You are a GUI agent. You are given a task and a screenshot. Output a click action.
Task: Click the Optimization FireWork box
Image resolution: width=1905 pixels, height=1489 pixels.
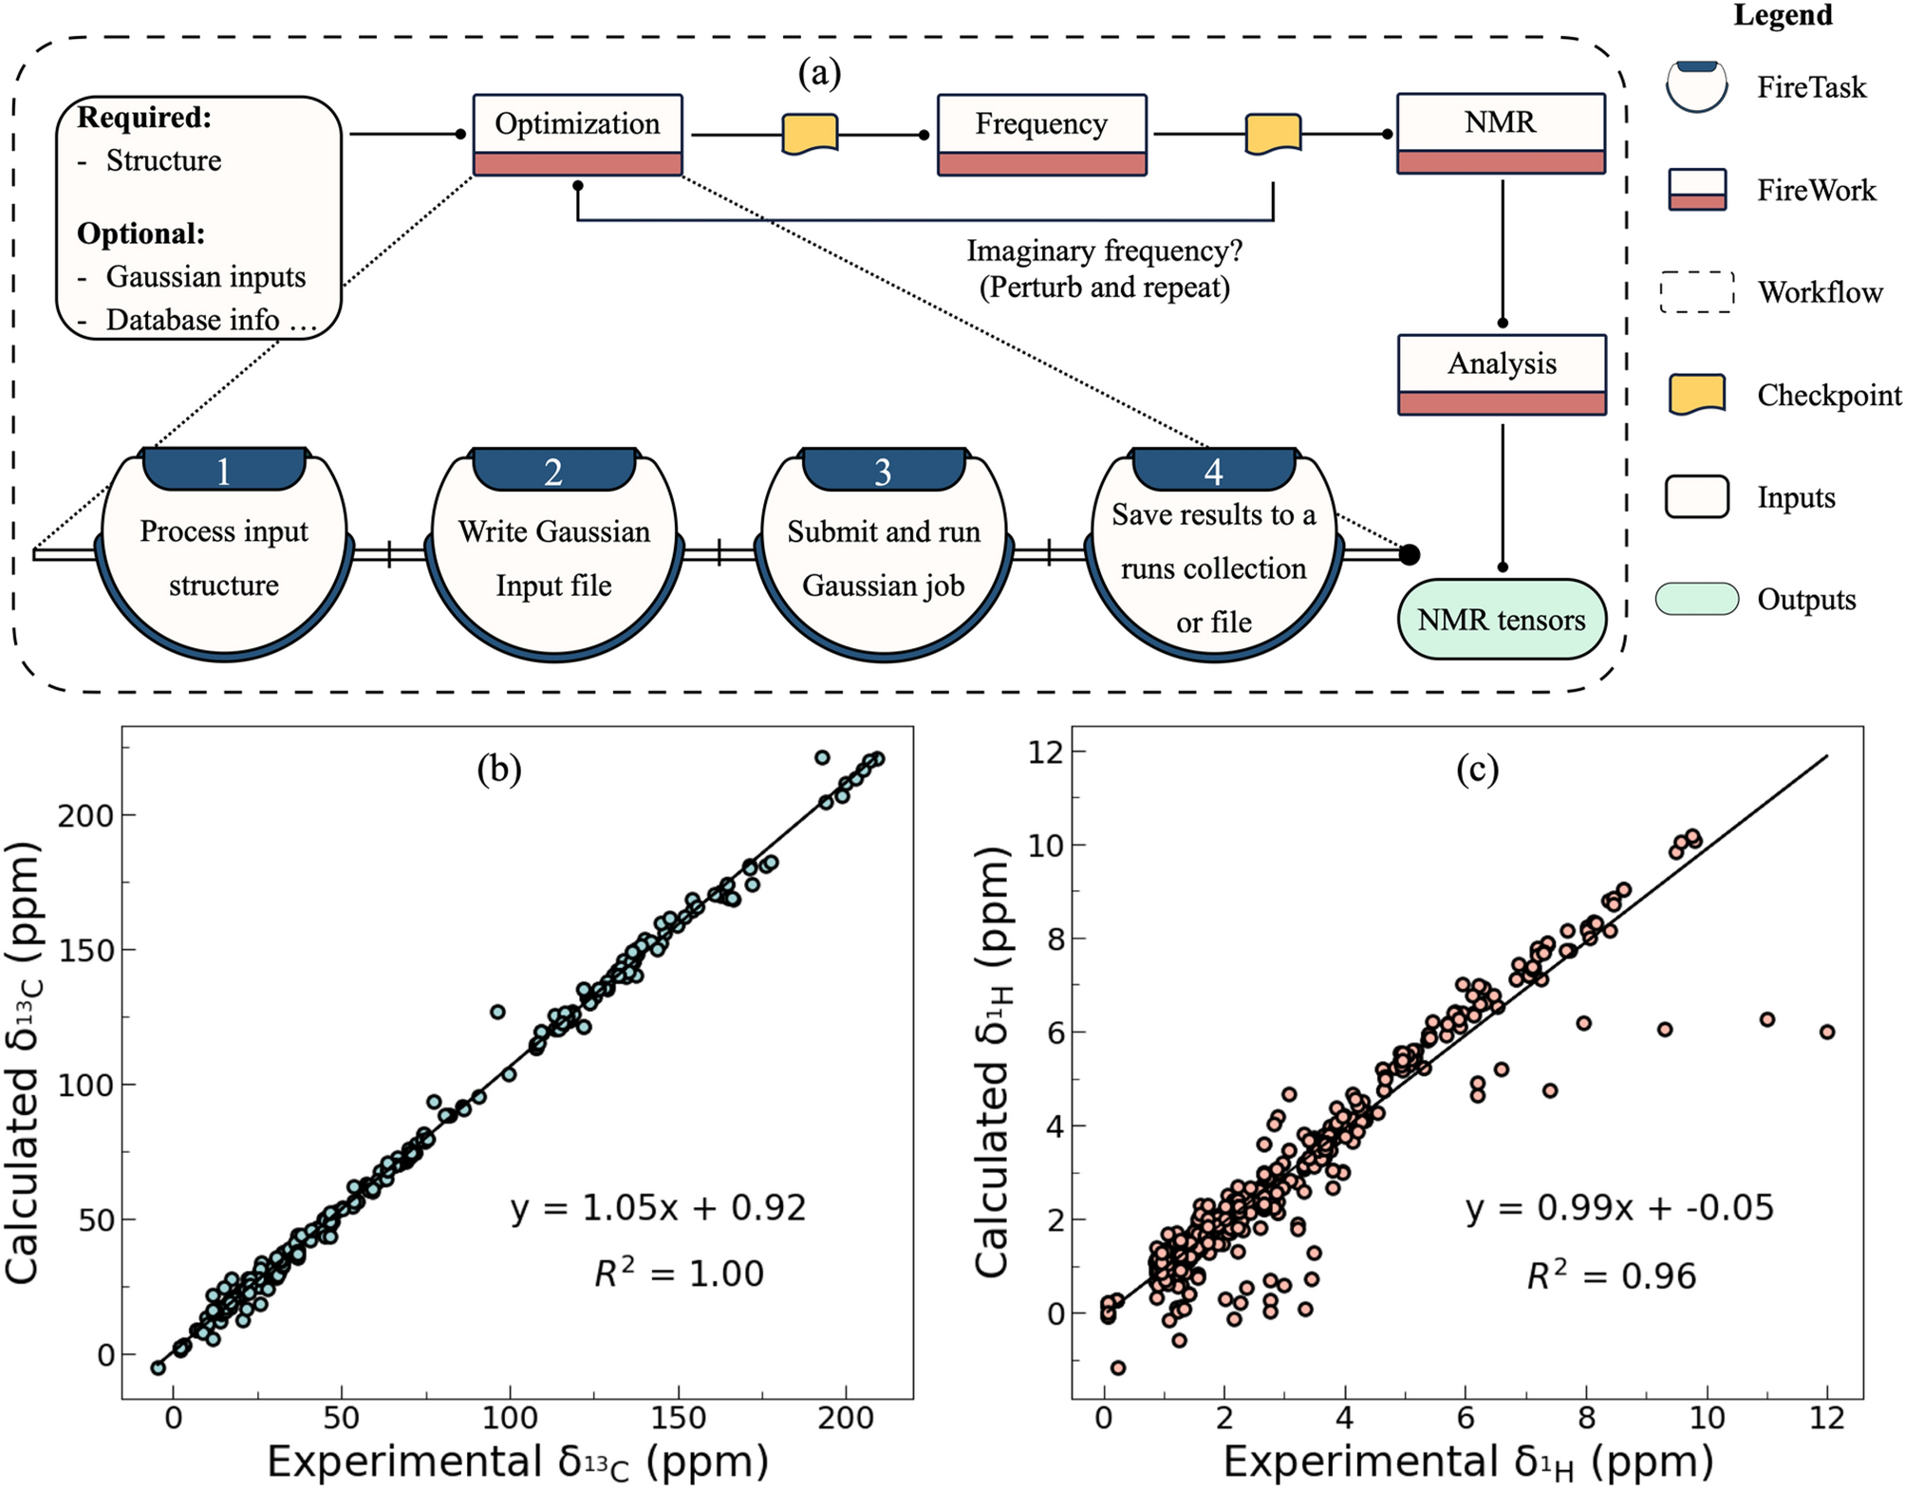point(577,135)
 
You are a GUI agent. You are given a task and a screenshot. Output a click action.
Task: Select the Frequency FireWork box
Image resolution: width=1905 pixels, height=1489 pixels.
point(1041,135)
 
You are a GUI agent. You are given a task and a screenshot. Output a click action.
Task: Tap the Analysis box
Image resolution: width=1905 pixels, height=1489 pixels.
point(1502,374)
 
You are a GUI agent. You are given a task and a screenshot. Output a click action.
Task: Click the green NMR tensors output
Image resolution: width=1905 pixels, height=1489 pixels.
point(1502,620)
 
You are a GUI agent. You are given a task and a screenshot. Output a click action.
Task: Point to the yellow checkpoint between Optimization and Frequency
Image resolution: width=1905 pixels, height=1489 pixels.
point(810,134)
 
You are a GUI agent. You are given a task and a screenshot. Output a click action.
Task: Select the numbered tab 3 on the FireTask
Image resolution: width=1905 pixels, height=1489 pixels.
point(883,471)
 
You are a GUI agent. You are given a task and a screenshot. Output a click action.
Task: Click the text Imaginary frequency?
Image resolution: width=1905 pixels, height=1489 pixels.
point(1104,251)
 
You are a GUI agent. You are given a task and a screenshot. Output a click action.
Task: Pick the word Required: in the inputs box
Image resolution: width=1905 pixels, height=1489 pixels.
point(144,118)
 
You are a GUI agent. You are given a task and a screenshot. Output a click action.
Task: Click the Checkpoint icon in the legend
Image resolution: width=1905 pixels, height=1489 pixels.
point(1696,395)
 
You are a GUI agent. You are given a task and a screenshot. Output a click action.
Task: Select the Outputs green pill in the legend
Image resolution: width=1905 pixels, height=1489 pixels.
point(1697,599)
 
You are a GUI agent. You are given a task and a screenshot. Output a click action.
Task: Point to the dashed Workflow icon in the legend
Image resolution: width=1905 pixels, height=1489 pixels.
point(1697,292)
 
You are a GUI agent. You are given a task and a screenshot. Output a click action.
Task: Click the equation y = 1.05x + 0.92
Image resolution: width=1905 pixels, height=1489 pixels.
point(658,1208)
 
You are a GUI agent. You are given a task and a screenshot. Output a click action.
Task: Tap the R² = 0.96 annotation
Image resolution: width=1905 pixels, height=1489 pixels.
point(1611,1275)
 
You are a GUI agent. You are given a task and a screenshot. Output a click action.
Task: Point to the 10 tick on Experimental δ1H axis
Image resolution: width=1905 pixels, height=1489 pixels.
point(1707,1418)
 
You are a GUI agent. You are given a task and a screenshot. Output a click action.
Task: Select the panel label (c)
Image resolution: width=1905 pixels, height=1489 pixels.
point(1477,770)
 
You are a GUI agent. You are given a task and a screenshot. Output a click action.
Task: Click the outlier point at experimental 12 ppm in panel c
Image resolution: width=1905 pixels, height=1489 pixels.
point(1827,1032)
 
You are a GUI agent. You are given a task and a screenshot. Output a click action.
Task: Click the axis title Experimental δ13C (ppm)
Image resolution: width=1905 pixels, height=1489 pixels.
point(517,1461)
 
